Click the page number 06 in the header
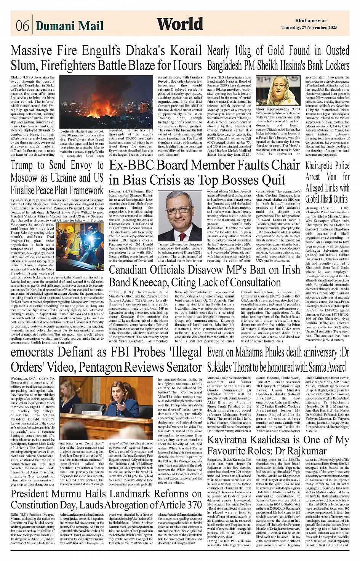pyautogui.click(x=22, y=26)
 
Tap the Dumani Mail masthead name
pyautogui.click(x=69, y=26)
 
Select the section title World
pyautogui.click(x=180, y=24)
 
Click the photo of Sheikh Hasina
pyautogui.click(x=278, y=91)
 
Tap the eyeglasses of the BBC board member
pyautogui.click(x=179, y=209)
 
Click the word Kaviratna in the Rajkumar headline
pyautogui.click(x=232, y=440)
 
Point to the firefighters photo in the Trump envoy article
pyautogui.click(x=80, y=246)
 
